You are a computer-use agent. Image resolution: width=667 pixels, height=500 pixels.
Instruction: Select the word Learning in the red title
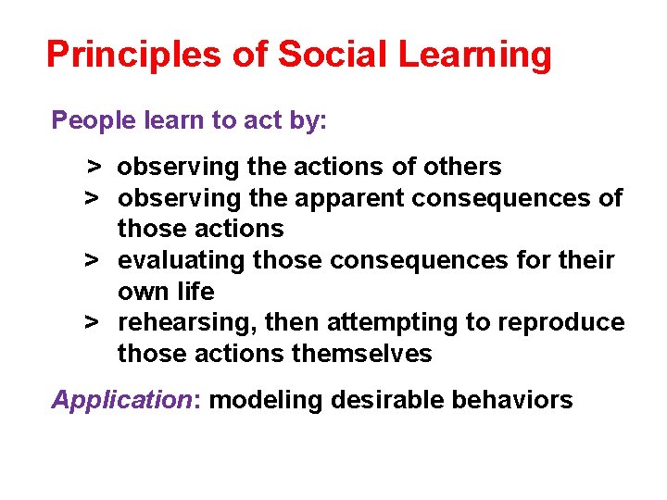475,56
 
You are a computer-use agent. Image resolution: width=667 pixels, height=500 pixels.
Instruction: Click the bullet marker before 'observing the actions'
93,167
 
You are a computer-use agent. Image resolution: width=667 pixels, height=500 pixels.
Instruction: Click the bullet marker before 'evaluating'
93,260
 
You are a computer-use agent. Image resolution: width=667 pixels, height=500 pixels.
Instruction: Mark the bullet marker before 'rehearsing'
93,322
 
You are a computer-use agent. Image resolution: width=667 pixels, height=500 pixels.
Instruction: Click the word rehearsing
188,322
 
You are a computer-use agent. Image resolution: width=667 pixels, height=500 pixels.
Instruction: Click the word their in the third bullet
587,260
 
